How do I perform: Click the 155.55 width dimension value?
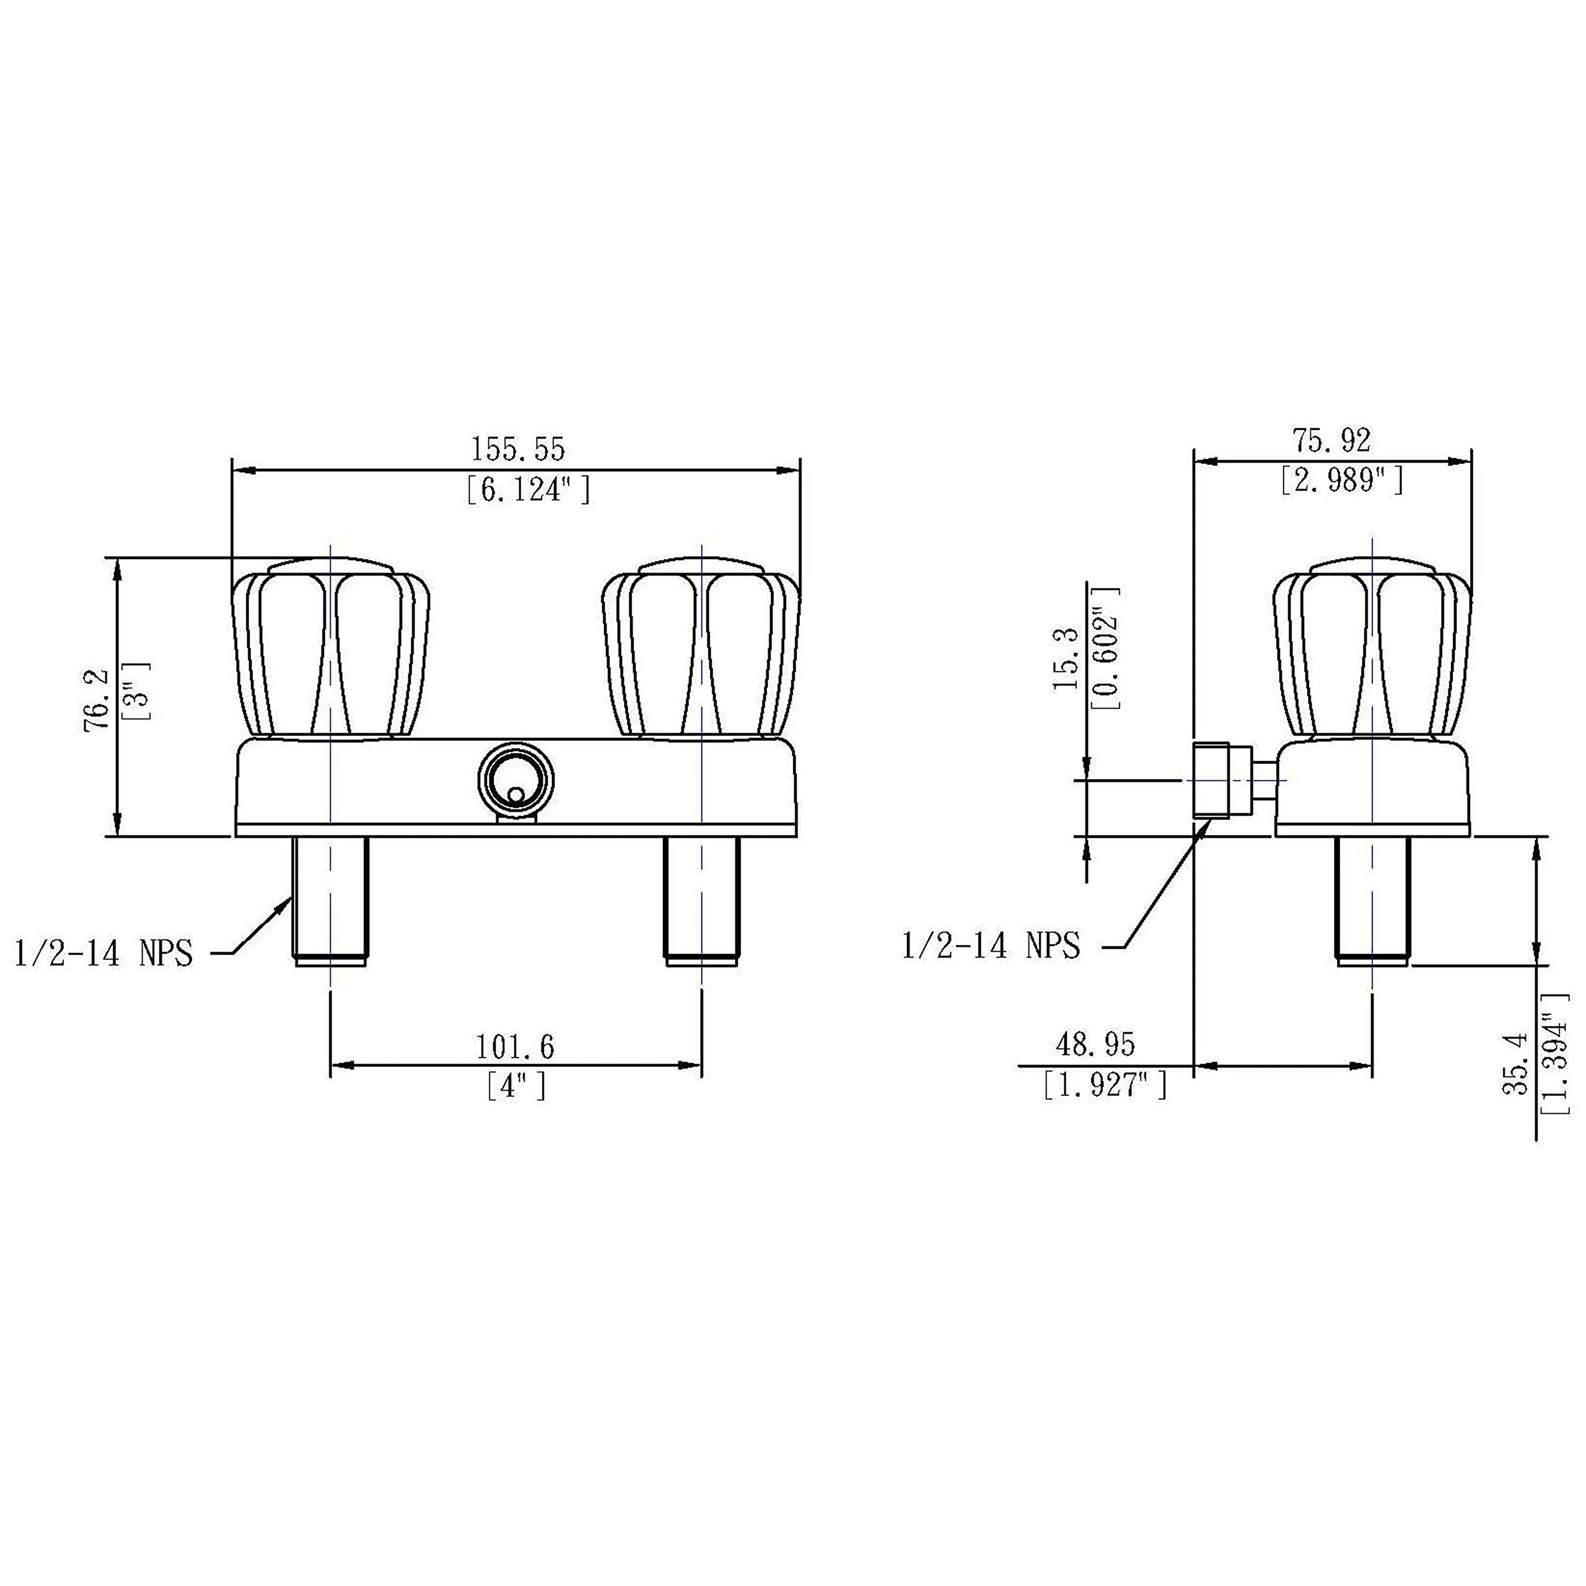(x=517, y=449)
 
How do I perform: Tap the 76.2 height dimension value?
(x=96, y=699)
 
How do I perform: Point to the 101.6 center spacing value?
(x=515, y=1046)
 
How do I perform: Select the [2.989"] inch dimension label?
(x=1341, y=480)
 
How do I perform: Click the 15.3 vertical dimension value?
(x=1066, y=659)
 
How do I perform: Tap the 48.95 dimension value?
(x=1095, y=1045)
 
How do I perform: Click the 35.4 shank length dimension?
(x=1516, y=1064)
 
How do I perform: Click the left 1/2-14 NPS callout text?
(x=103, y=954)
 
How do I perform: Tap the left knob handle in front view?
(x=331, y=649)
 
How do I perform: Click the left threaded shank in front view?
(x=331, y=901)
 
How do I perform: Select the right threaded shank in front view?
(x=701, y=901)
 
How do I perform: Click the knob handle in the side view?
(x=1371, y=649)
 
